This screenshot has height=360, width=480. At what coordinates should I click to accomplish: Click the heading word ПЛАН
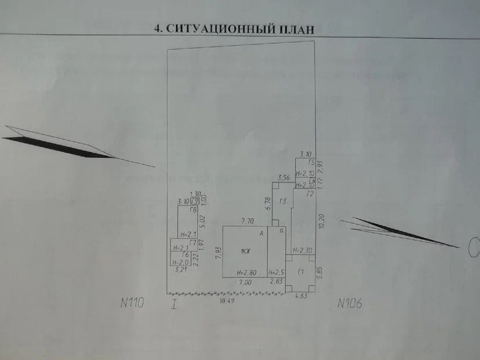pos(293,29)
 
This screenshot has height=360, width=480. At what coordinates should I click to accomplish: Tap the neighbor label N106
pos(350,303)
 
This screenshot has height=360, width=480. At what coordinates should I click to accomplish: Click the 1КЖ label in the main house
pos(246,252)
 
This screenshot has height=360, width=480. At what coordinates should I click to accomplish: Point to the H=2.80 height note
pos(247,272)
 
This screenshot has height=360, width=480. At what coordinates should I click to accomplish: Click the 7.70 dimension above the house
pos(248,221)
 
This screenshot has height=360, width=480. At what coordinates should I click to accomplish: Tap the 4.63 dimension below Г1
pos(302,296)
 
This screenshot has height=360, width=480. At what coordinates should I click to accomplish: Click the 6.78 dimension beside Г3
pos(268,202)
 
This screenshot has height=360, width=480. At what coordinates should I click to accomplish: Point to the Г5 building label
pos(311,163)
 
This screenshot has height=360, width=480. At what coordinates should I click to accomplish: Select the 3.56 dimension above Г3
pos(283,177)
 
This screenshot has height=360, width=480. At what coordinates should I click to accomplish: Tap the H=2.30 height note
pos(303,250)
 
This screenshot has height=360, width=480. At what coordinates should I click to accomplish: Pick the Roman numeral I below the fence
pos(174,303)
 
